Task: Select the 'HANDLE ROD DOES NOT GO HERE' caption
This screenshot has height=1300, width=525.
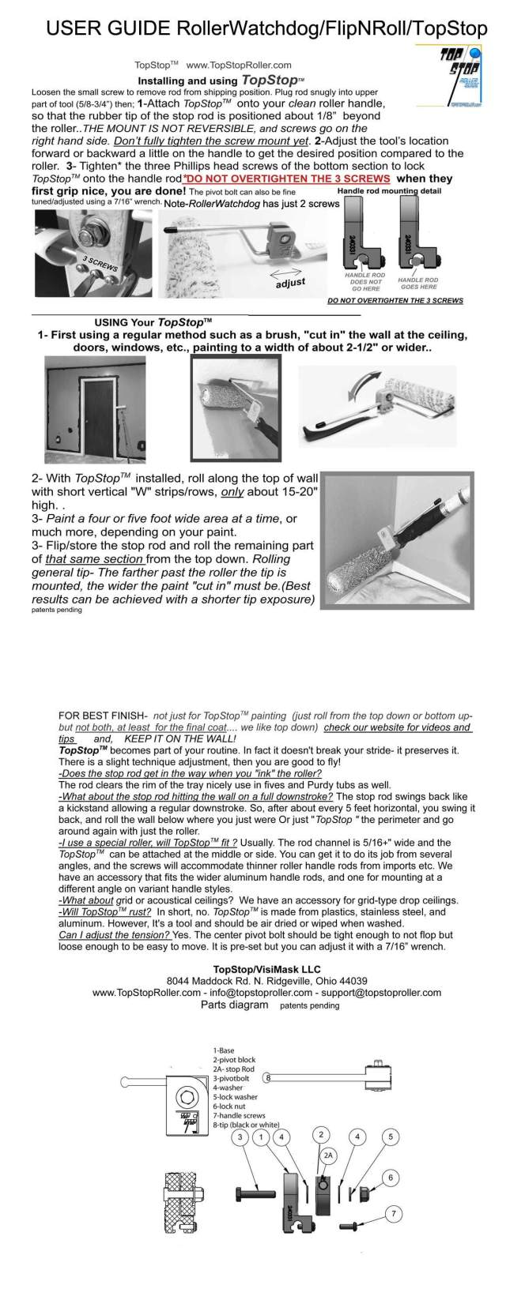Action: [364, 280]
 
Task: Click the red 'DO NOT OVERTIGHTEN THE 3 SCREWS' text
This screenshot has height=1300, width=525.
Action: [315, 179]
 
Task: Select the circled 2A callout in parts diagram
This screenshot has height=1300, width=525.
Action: [329, 1155]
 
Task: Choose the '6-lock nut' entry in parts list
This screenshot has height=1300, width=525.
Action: [230, 1106]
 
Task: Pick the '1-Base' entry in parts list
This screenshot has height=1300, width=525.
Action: [223, 1050]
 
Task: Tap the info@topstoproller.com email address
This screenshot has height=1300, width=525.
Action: [267, 992]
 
